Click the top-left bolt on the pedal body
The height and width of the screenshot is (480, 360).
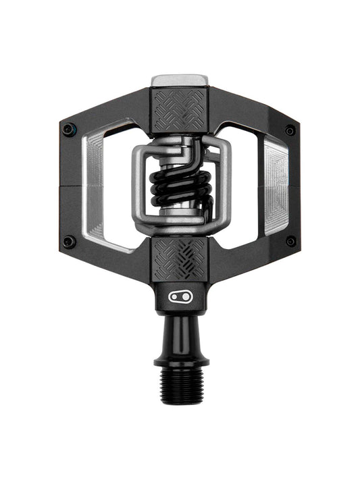68,129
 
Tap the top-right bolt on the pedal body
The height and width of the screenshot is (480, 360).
290,130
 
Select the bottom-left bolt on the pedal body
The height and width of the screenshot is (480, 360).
68,241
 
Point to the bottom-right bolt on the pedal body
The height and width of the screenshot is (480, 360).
290,241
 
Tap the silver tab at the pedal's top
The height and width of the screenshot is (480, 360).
179,80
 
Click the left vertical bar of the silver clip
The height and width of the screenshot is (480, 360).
137,186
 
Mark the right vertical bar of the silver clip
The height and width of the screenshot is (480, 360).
224,186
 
